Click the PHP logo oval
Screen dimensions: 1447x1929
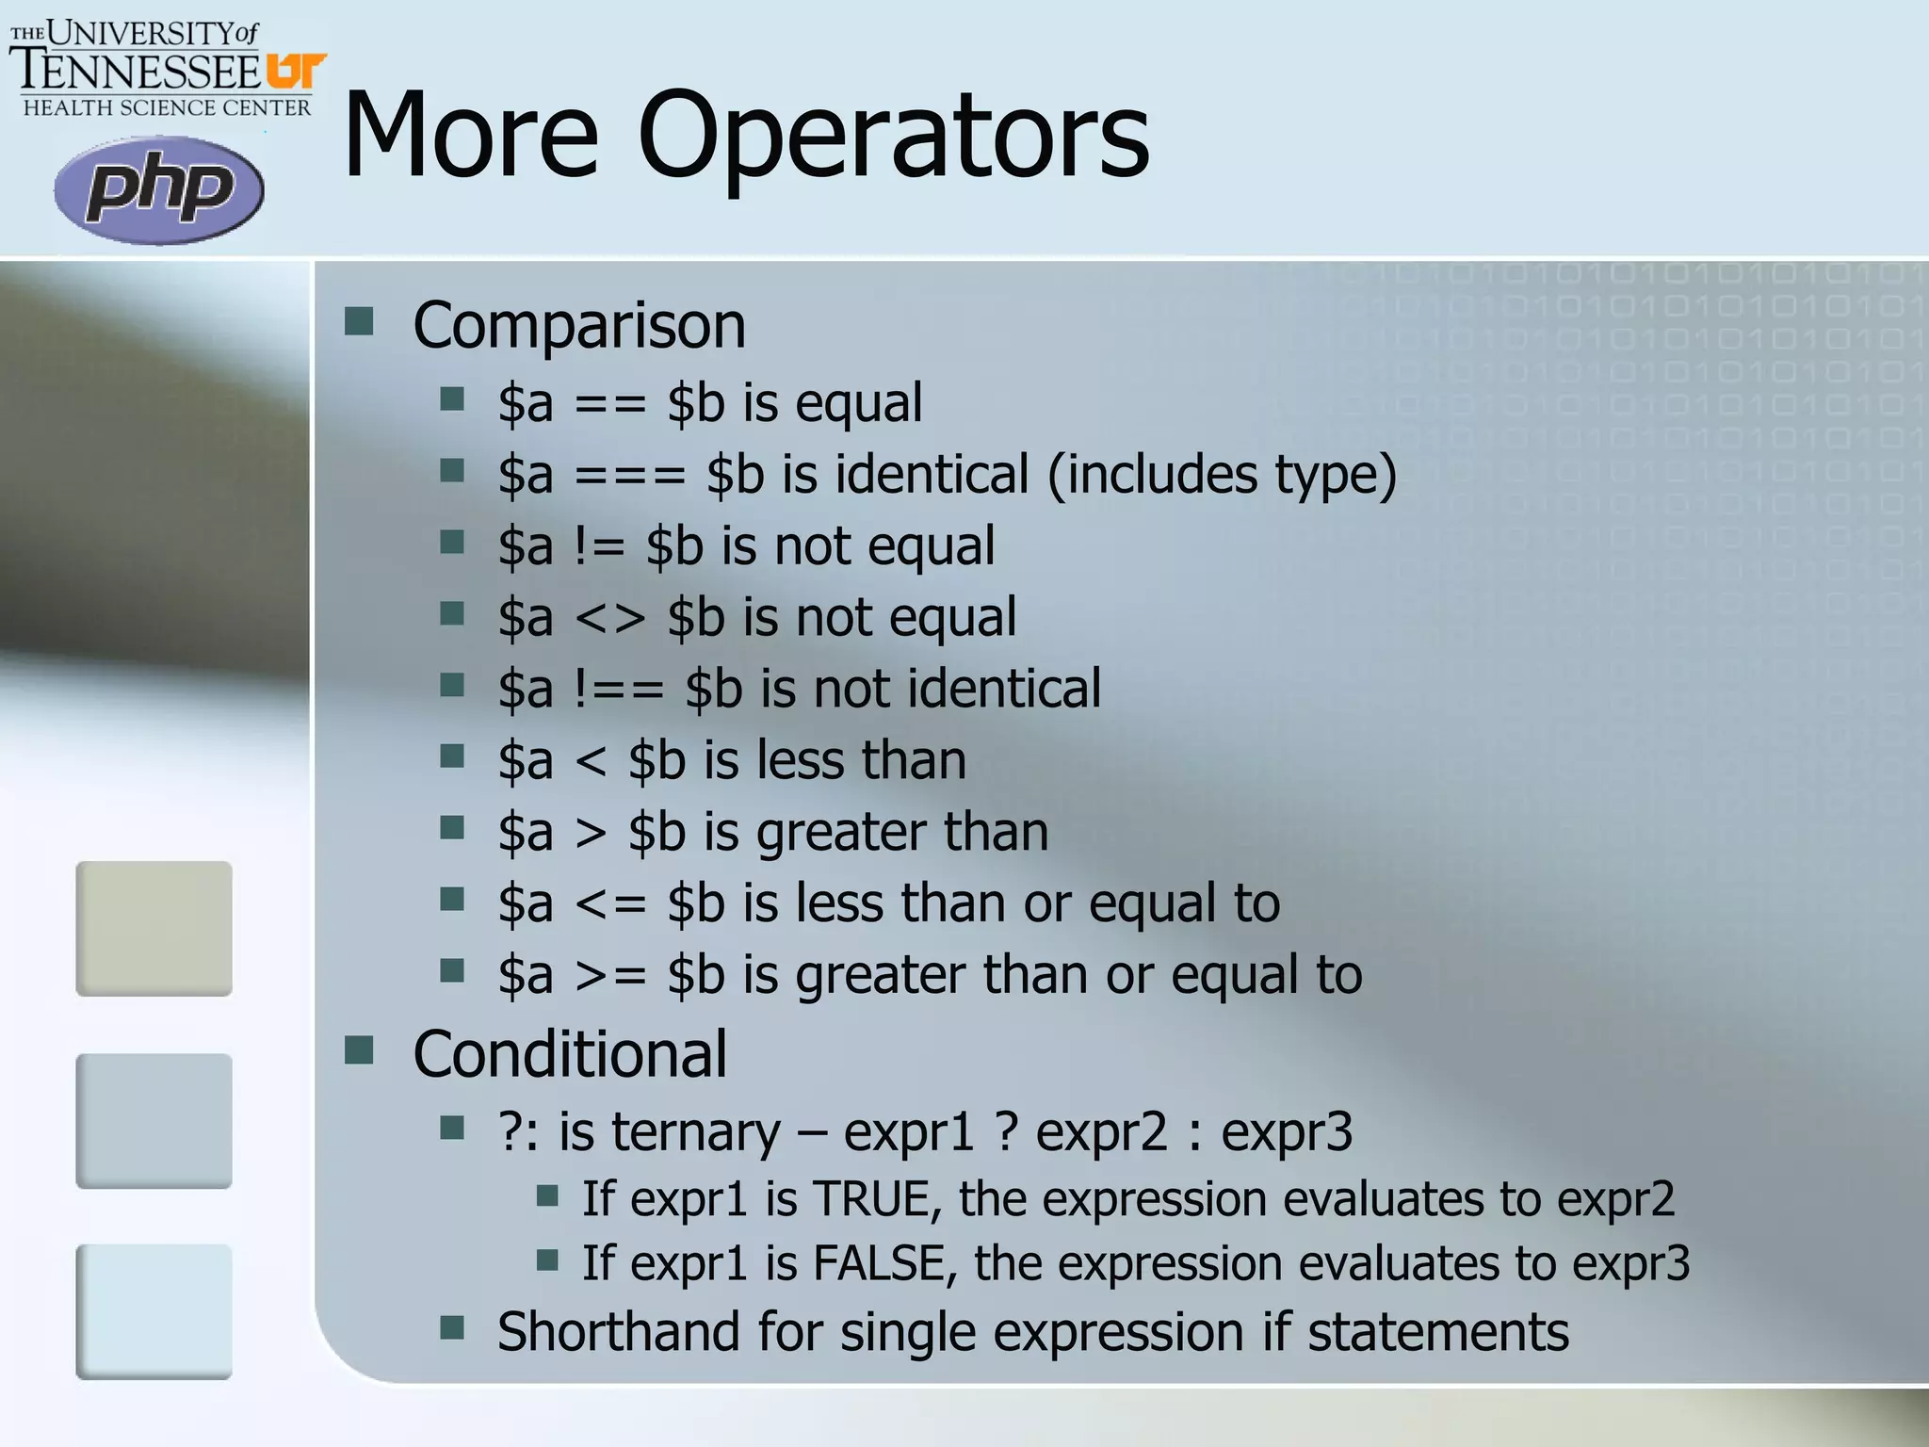click(158, 189)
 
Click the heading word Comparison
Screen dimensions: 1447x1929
click(579, 326)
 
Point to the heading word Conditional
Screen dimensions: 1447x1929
click(570, 1054)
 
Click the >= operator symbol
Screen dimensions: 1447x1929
click(610, 976)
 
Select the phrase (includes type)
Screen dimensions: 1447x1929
click(1222, 475)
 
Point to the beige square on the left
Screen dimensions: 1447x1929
click(154, 928)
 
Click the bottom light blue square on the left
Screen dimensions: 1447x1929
click(154, 1311)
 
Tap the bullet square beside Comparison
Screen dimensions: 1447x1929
click(359, 322)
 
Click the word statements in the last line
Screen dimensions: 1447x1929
click(1438, 1332)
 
